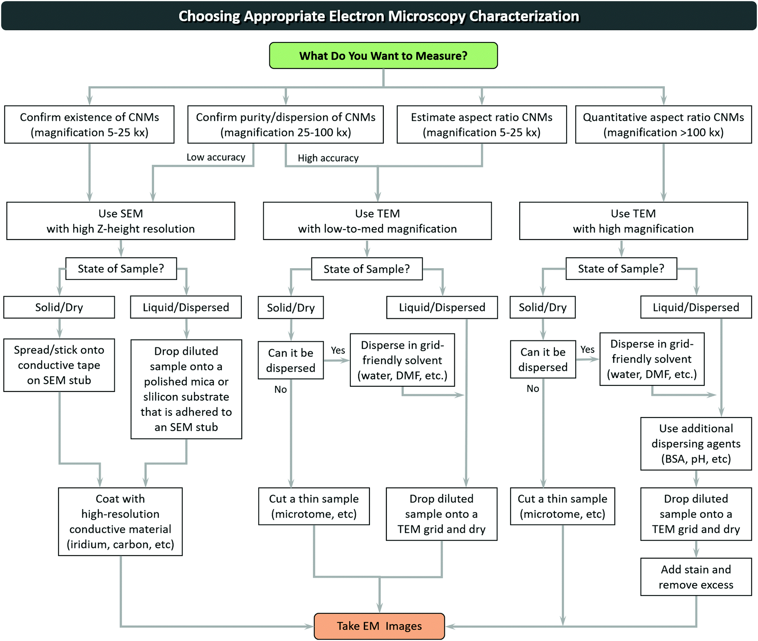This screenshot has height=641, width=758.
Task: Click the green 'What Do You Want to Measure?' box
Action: point(383,55)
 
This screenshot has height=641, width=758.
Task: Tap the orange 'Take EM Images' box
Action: point(379,626)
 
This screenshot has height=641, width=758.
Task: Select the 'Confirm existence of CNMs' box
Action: point(89,124)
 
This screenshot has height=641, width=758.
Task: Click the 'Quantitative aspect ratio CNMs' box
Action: point(664,124)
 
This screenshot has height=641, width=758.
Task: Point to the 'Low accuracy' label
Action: point(216,157)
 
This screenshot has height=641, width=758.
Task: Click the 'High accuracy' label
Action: point(328,158)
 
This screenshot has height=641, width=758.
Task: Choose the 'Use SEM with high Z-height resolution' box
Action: point(121,221)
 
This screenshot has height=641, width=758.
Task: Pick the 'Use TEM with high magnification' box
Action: point(633,221)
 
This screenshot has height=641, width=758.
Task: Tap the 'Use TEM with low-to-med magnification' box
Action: point(377,221)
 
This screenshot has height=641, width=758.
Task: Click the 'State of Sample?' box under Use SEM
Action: point(121,269)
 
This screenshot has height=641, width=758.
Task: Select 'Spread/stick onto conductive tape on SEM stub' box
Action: point(59,365)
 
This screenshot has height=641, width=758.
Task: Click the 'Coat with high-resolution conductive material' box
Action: point(120,521)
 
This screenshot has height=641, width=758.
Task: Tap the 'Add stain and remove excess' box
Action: point(696,577)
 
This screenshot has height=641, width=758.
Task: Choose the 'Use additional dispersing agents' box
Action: point(696,444)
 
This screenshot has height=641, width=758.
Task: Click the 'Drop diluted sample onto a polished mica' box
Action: point(186,389)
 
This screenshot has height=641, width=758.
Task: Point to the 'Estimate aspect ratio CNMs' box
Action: point(482,124)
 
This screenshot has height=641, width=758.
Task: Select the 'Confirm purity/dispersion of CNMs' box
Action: point(285,124)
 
